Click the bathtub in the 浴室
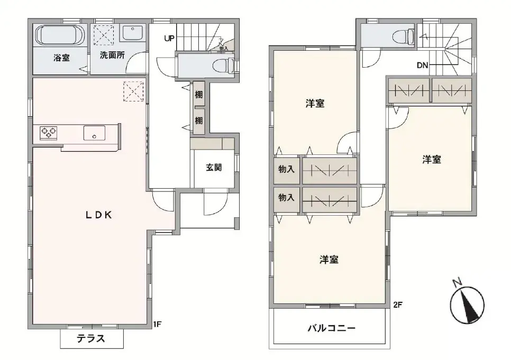click(60, 35)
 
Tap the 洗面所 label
click(112, 55)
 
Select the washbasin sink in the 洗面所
click(130, 33)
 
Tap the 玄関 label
click(214, 168)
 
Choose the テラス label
click(91, 339)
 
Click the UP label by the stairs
click(169, 38)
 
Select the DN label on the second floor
click(422, 66)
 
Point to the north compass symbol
click(467, 302)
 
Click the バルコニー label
click(332, 328)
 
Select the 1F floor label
click(157, 324)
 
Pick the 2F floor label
click(398, 304)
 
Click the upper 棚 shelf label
click(198, 95)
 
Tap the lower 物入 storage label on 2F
click(286, 198)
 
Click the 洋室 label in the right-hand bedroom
click(432, 159)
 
